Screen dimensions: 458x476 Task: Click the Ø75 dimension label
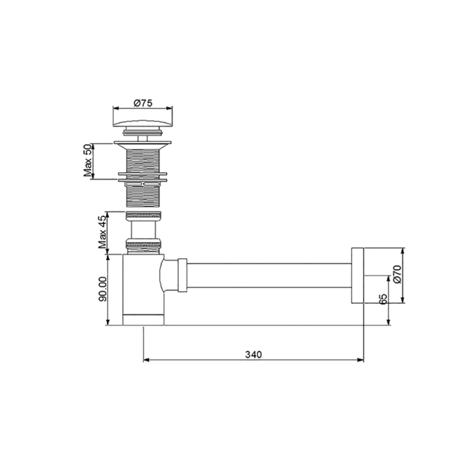[143, 103]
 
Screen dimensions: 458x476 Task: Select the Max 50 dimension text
[88, 161]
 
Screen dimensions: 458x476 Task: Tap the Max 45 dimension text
[102, 232]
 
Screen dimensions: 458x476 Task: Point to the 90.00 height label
[103, 289]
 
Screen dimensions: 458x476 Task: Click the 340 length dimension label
[254, 354]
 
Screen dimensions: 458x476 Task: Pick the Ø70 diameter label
[397, 274]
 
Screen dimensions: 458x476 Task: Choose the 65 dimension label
[383, 299]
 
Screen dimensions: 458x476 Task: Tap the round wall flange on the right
[357, 276]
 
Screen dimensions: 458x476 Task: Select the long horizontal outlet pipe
[269, 276]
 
